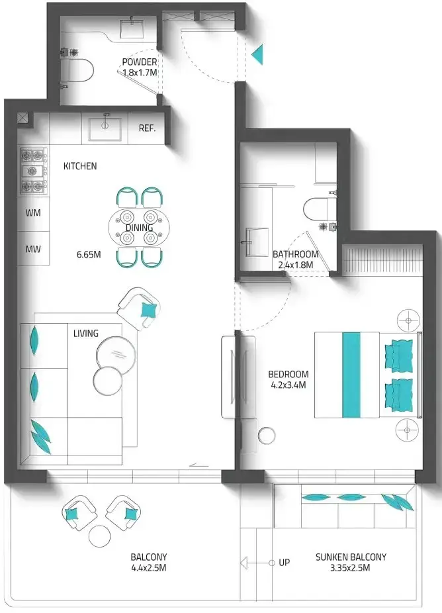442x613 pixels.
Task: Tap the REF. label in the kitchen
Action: (148, 128)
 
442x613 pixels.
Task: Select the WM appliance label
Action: (33, 213)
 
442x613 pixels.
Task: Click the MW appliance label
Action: (33, 249)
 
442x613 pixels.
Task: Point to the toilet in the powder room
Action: (81, 71)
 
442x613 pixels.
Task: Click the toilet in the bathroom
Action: (320, 209)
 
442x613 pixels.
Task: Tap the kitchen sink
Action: (105, 128)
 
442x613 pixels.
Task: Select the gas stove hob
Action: (34, 171)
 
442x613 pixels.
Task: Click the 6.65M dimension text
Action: (89, 255)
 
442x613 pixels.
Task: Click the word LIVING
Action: (86, 334)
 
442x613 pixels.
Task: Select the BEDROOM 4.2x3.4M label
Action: (288, 379)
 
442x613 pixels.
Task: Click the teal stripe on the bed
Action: (351, 375)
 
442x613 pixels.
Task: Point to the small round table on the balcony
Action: (100, 536)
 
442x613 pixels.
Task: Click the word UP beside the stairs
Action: (285, 563)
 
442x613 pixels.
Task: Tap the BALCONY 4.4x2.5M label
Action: (149, 562)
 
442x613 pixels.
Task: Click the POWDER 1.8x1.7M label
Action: (140, 67)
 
